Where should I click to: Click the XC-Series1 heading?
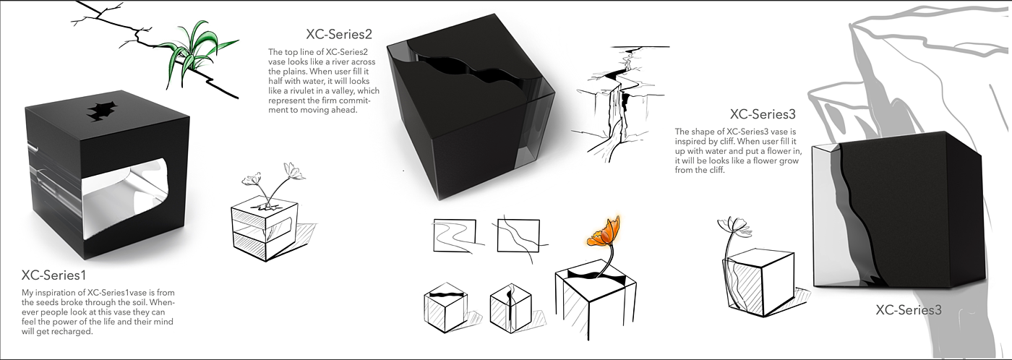(53, 275)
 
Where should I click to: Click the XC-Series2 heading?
(339, 34)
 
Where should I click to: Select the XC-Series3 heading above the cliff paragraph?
(763, 114)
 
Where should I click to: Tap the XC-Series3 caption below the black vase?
(909, 310)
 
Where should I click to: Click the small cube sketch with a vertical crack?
(511, 308)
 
